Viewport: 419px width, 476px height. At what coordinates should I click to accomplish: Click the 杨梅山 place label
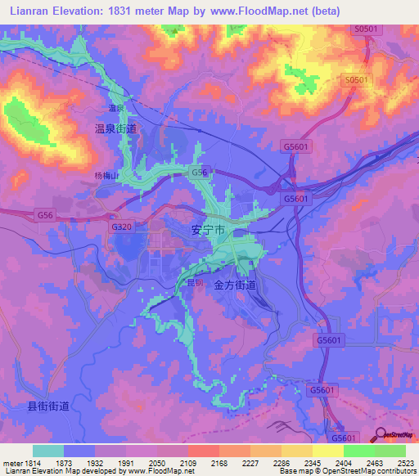[106, 174]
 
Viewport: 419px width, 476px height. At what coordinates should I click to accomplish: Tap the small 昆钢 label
[195, 282]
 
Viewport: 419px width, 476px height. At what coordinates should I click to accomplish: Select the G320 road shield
[120, 226]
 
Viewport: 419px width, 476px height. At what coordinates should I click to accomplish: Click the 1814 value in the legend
[33, 463]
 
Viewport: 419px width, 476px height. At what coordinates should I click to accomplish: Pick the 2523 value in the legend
[405, 463]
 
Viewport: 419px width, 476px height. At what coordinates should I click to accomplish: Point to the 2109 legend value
[187, 463]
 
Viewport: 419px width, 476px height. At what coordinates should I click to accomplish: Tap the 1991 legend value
[125, 463]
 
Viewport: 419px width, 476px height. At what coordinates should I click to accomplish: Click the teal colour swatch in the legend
[48, 451]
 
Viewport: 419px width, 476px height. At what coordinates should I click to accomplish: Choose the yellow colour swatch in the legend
[327, 451]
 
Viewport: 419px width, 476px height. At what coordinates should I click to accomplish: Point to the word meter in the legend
[11, 463]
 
